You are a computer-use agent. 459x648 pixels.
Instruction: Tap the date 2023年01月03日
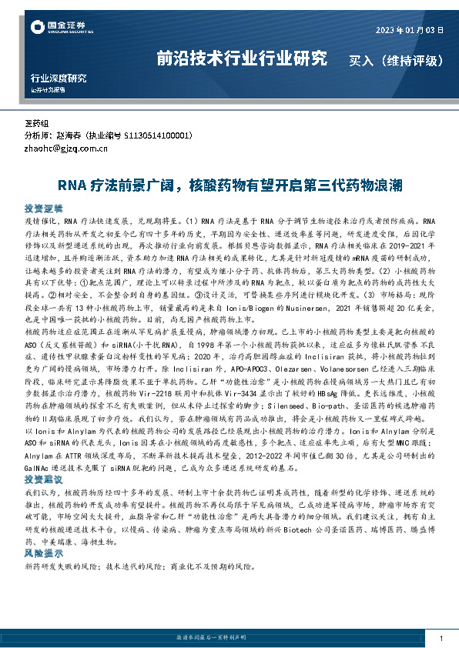click(410, 32)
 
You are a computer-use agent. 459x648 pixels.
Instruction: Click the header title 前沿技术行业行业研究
click(242, 58)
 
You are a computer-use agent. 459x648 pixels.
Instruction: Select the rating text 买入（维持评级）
click(396, 59)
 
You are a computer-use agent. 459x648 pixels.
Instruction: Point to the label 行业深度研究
click(58, 78)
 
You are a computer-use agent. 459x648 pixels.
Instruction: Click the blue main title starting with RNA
click(229, 186)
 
